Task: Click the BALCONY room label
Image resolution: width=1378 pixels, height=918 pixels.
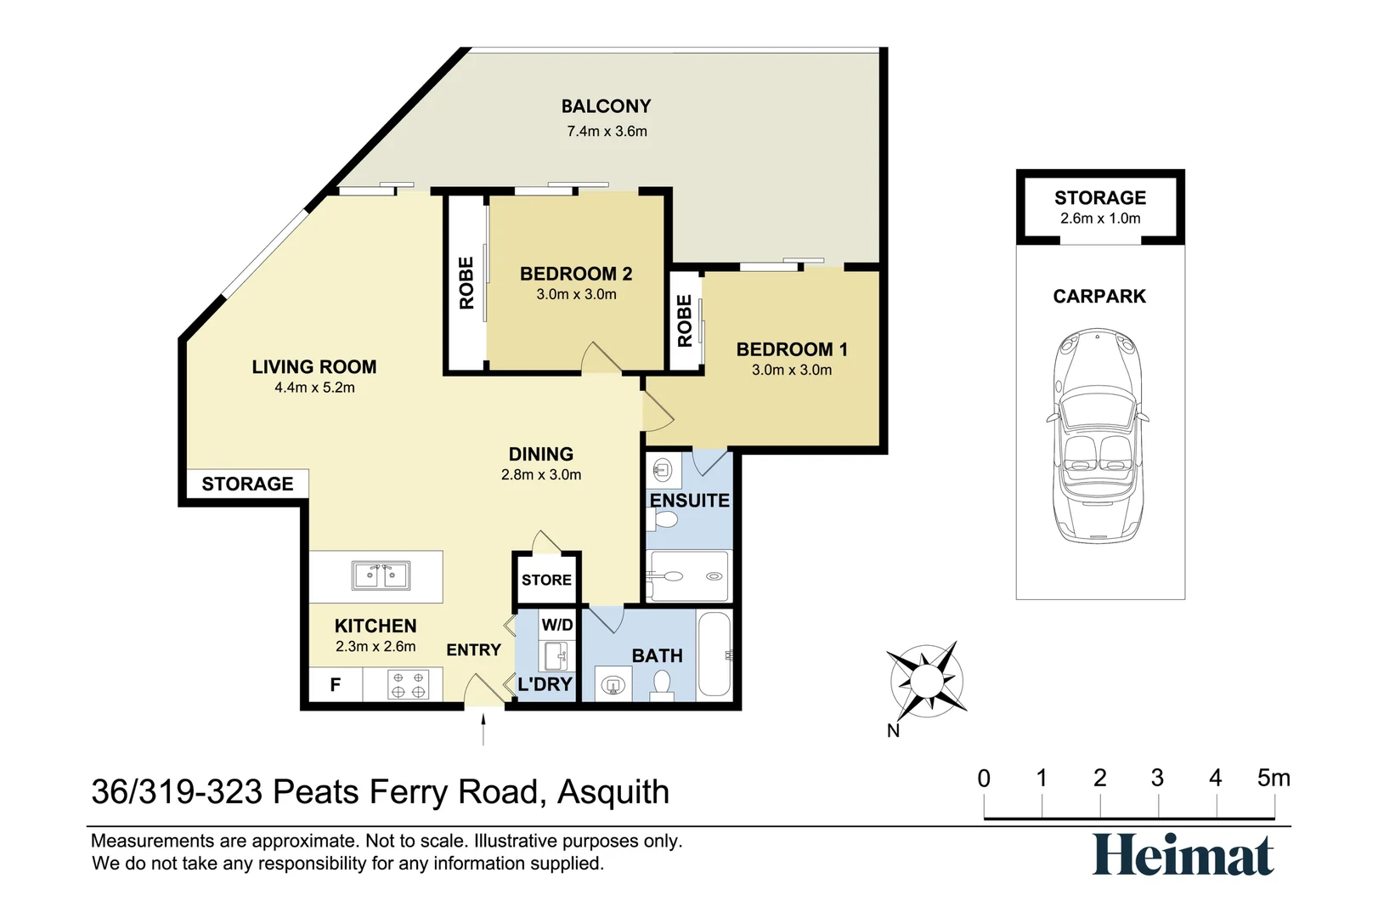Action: coord(606,106)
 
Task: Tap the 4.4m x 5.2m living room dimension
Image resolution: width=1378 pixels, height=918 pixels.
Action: coord(314,388)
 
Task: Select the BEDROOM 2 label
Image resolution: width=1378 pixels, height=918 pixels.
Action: coord(576,274)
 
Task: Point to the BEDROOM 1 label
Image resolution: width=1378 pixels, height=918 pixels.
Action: coord(791,349)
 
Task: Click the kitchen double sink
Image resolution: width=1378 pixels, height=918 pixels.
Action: coord(381,575)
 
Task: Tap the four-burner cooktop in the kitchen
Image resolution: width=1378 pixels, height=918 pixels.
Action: coord(408,684)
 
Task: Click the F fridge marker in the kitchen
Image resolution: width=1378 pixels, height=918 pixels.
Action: coord(335,684)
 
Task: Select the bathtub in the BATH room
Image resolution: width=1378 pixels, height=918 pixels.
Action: coord(714,654)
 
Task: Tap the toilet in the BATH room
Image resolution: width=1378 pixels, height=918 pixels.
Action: coord(662,683)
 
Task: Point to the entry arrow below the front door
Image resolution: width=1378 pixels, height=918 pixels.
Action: coord(483,729)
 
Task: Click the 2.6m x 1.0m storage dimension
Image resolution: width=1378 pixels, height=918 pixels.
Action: coord(1100,218)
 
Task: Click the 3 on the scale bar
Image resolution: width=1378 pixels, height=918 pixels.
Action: coord(1157,778)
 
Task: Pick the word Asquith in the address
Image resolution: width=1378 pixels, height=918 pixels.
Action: coord(613,792)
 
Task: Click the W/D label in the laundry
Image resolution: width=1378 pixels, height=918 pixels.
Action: coord(557,625)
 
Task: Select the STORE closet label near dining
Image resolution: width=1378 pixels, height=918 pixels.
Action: coord(546,580)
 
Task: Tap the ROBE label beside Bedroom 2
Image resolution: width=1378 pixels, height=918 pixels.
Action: coord(466,283)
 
